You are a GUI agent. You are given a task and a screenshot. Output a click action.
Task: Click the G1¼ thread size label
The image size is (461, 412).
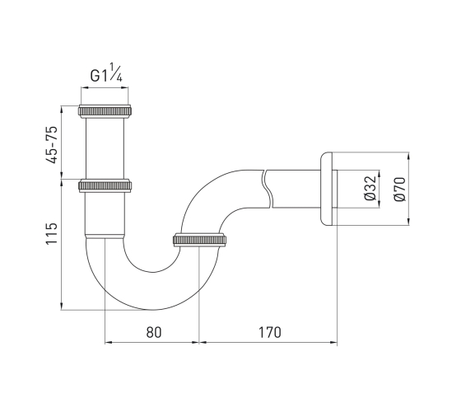(x=106, y=73)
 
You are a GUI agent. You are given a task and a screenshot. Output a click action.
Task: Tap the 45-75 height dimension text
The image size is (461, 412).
(x=51, y=145)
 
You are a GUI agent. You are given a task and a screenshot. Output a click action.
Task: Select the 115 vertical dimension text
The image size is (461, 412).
(x=51, y=233)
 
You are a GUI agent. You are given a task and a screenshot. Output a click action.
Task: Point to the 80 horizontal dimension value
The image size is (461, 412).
(x=154, y=332)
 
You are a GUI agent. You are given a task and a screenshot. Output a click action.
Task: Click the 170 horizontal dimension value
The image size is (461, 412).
(x=270, y=332)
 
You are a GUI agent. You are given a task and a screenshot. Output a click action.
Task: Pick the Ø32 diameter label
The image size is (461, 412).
(x=370, y=189)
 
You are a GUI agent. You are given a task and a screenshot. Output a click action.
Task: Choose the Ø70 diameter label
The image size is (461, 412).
(x=400, y=190)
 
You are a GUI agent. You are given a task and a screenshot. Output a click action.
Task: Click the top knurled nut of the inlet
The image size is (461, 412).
(x=105, y=111)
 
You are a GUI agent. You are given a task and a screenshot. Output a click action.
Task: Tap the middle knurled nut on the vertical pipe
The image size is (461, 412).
(x=105, y=185)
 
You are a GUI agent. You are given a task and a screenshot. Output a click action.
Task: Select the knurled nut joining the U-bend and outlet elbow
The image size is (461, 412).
(x=199, y=240)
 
